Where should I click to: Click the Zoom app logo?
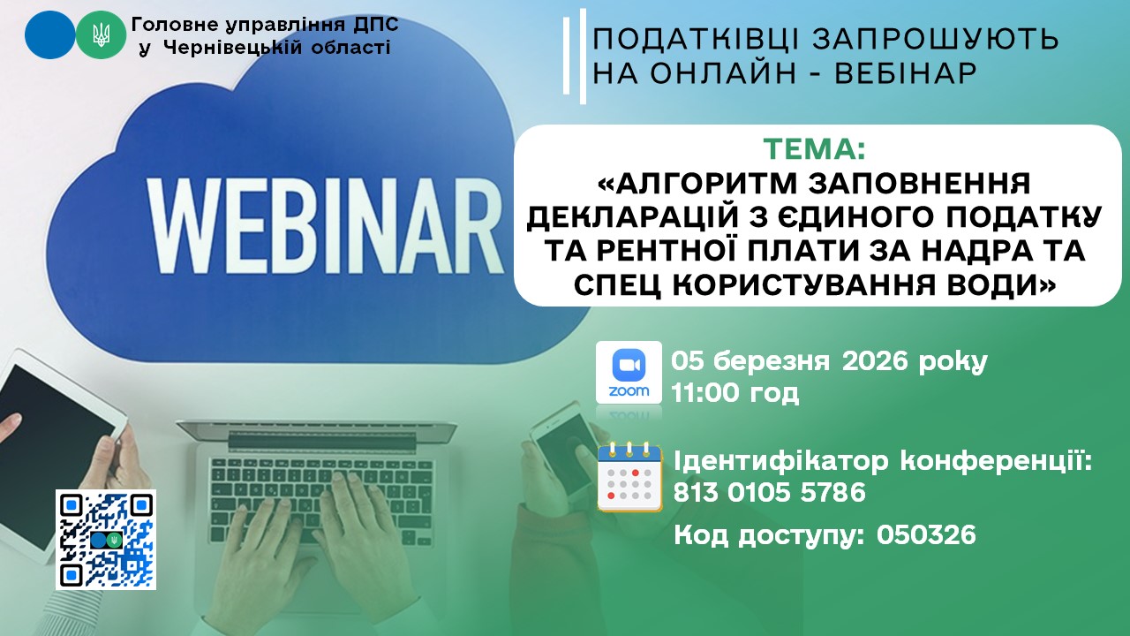(629, 373)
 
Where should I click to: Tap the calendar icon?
(629, 477)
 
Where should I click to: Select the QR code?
(106, 540)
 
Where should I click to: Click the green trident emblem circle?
(101, 34)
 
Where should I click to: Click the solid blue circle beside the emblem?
(49, 34)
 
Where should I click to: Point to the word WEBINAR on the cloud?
(326, 224)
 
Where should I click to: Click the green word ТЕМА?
(814, 149)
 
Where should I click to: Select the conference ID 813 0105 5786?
(769, 493)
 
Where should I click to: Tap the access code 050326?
(926, 535)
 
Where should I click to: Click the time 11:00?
(705, 393)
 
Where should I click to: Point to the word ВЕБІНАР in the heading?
(907, 72)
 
